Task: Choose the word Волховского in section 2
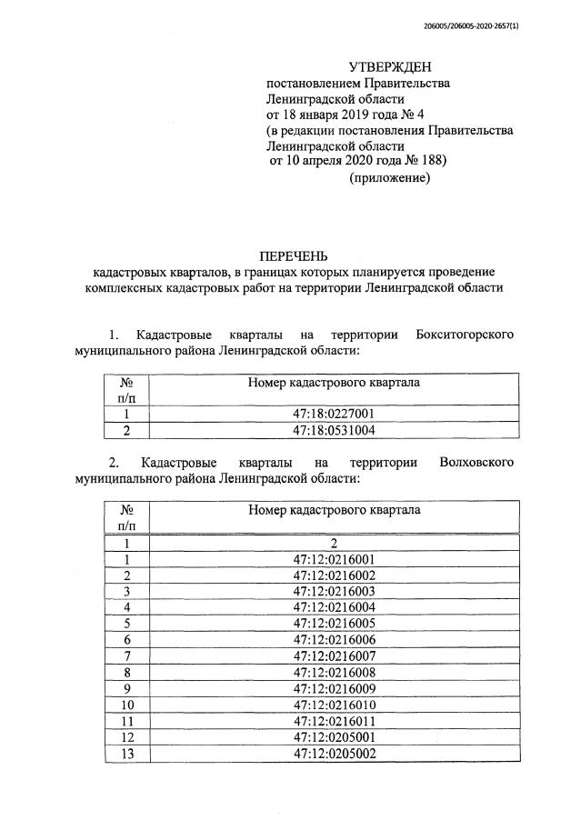pyautogui.click(x=476, y=462)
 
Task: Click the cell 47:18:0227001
pyautogui.click(x=334, y=415)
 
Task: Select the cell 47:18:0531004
pyautogui.click(x=334, y=430)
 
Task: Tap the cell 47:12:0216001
pyautogui.click(x=334, y=559)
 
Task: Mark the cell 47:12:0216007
pyautogui.click(x=334, y=655)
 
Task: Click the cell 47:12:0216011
pyautogui.click(x=334, y=720)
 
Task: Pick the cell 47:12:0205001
pyautogui.click(x=334, y=736)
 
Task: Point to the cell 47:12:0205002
pyautogui.click(x=334, y=753)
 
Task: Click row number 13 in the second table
pyautogui.click(x=127, y=753)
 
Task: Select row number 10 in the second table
pyautogui.click(x=127, y=705)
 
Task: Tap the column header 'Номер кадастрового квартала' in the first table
pyautogui.click(x=334, y=383)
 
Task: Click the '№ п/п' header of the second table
pyautogui.click(x=127, y=517)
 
